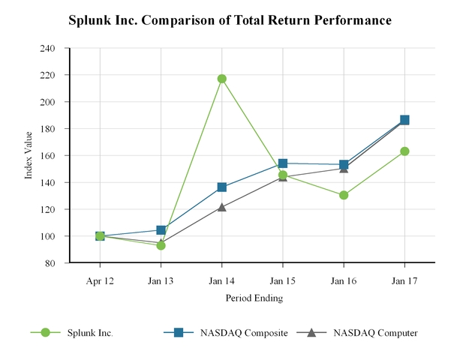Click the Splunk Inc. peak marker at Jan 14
click(x=221, y=79)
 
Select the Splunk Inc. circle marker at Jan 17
click(x=404, y=151)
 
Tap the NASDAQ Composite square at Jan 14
click(x=221, y=187)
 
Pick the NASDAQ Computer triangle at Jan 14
click(x=221, y=207)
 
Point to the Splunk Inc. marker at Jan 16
click(x=344, y=195)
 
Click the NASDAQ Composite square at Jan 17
click(x=404, y=120)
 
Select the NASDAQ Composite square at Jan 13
click(x=161, y=230)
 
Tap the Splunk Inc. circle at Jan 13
click(x=161, y=245)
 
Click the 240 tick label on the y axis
click(x=48, y=48)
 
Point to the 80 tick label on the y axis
click(x=50, y=263)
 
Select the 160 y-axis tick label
click(x=48, y=155)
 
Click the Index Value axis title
click(x=29, y=155)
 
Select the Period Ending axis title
click(x=253, y=298)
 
